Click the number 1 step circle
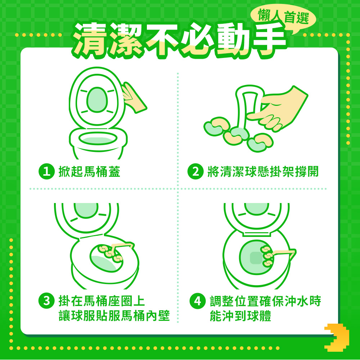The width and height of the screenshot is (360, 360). pos(46,171)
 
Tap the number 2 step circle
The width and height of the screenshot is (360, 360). pos(195,171)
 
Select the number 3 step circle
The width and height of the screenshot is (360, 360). pos(46,301)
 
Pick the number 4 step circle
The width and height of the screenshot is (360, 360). pos(197,301)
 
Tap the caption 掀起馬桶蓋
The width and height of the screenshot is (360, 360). pos(89,171)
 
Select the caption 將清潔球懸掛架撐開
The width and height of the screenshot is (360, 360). pos(263,171)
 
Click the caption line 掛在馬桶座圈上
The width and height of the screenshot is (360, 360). pos(102,301)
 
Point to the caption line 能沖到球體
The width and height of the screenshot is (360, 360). pos(240,316)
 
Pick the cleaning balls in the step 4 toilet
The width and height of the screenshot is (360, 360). pos(267,256)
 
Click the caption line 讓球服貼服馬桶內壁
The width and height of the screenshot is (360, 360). pos(114,316)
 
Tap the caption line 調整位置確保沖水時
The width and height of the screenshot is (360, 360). pos(265,301)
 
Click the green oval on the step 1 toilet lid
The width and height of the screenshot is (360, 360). pos(97,100)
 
